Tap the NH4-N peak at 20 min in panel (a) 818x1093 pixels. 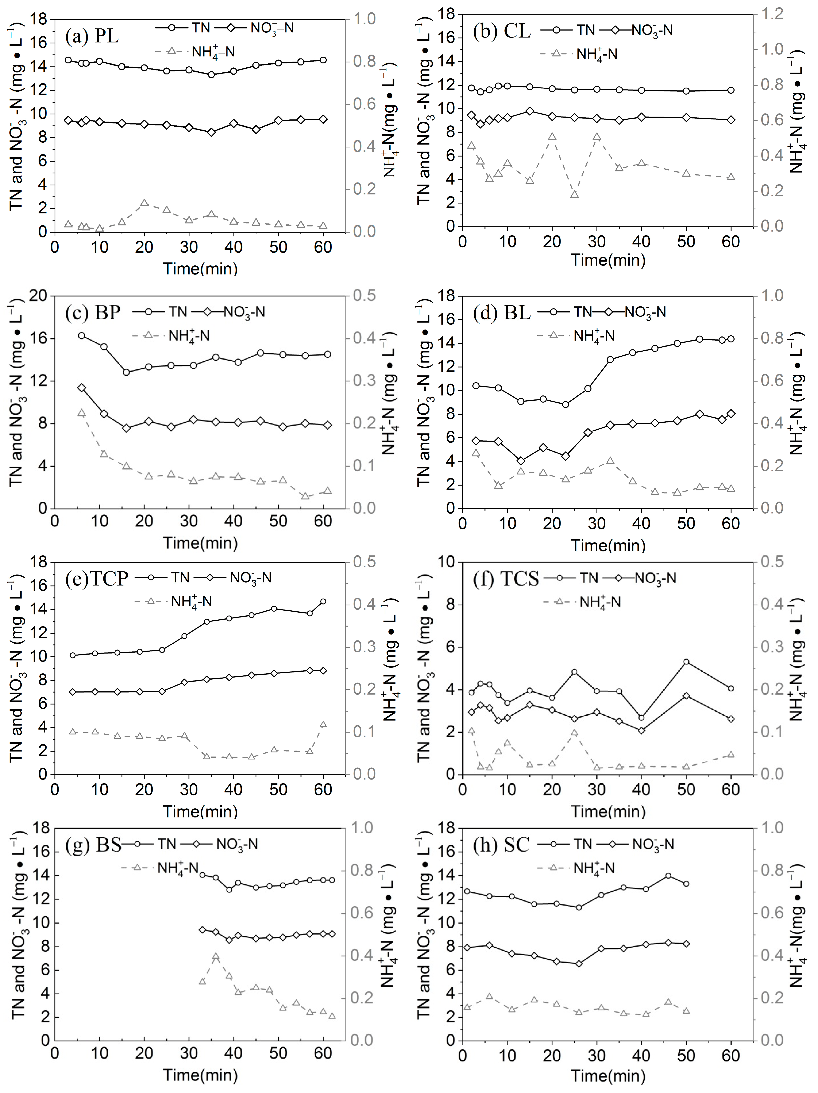144,203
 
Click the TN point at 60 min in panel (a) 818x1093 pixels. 323,60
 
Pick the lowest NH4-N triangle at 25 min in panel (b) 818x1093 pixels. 574,194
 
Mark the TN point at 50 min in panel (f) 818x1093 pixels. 686,662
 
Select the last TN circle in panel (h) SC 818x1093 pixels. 686,884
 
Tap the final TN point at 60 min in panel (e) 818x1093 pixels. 323,601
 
